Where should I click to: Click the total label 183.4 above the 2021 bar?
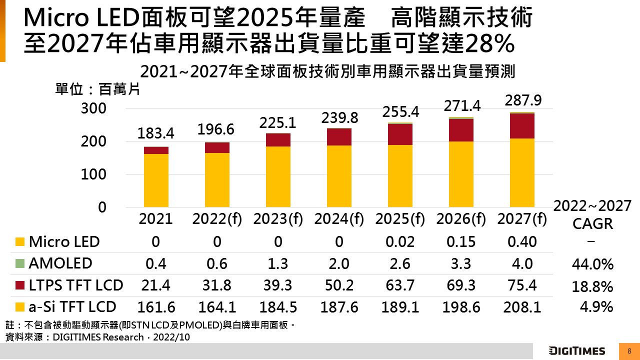(x=155, y=133)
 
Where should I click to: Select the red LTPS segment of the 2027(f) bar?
(x=522, y=126)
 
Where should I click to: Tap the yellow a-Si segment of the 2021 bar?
(x=156, y=180)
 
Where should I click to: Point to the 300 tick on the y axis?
(x=93, y=108)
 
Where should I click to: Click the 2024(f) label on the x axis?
(x=339, y=219)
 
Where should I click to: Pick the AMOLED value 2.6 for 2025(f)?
(x=400, y=263)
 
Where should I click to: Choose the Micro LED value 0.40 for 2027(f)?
(x=522, y=242)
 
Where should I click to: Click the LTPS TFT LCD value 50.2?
(x=339, y=285)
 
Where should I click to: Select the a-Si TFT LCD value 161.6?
(x=156, y=306)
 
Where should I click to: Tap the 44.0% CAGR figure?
(x=592, y=264)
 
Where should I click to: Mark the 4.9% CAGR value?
(x=596, y=306)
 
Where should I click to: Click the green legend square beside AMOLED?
(x=19, y=263)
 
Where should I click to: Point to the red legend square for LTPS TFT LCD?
(x=19, y=285)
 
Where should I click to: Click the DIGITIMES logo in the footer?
(x=576, y=351)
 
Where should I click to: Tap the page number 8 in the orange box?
(x=629, y=351)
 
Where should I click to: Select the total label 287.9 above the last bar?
(x=523, y=101)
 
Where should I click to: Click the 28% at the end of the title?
(x=489, y=44)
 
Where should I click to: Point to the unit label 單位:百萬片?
(x=97, y=90)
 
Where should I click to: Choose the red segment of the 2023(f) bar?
(x=278, y=140)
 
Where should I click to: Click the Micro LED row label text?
(x=64, y=242)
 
